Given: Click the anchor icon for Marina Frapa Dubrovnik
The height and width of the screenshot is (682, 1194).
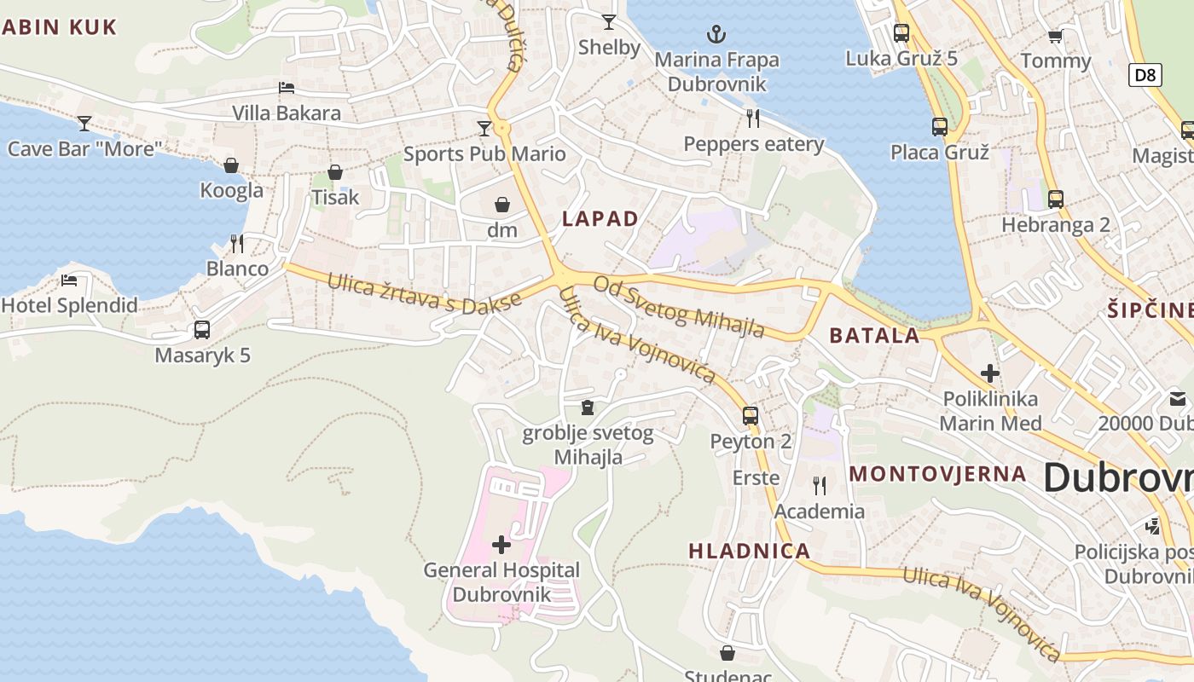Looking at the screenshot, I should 716,34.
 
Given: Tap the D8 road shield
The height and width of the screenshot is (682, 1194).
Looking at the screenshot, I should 1145,75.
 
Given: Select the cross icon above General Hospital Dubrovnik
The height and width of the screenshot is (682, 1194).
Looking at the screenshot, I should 501,544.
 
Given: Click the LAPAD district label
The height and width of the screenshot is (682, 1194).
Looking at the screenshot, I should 600,218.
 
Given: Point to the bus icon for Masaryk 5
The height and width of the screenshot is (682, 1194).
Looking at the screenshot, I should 202,329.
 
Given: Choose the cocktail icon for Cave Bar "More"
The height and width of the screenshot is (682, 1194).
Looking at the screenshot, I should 84,124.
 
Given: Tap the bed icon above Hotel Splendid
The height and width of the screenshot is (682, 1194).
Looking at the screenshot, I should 69,280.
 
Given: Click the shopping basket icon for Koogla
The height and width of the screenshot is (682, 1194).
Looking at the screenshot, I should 231,165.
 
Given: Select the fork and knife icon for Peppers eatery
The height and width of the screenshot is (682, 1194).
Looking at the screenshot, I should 752,118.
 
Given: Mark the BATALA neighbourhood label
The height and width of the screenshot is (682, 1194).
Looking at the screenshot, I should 874,335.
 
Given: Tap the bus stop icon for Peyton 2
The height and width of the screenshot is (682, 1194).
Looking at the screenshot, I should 751,415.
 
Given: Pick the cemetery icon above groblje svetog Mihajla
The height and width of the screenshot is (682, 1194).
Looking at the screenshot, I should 587,407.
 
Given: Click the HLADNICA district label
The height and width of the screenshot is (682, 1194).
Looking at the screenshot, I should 749,551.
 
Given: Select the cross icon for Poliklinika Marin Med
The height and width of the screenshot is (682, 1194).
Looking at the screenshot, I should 989,373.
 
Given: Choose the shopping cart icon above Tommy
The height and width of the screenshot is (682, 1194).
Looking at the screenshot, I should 1055,36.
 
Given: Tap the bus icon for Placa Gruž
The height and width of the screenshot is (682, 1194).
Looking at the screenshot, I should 939,127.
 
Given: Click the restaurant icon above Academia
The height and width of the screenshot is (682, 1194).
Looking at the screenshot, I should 819,486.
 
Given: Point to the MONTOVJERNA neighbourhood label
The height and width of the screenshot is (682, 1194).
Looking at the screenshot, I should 938,474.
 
